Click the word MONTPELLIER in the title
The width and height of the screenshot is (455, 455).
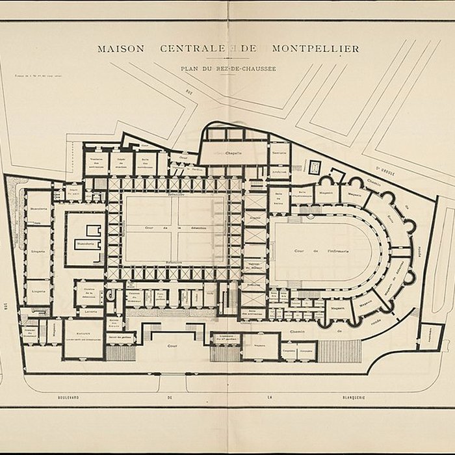[x=323, y=48]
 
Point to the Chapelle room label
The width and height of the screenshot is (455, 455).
[x=233, y=153]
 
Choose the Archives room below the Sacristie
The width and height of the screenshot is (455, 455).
[x=279, y=172]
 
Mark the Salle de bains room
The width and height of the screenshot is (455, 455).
[x=279, y=196]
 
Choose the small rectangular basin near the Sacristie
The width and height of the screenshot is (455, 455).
[x=315, y=166]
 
